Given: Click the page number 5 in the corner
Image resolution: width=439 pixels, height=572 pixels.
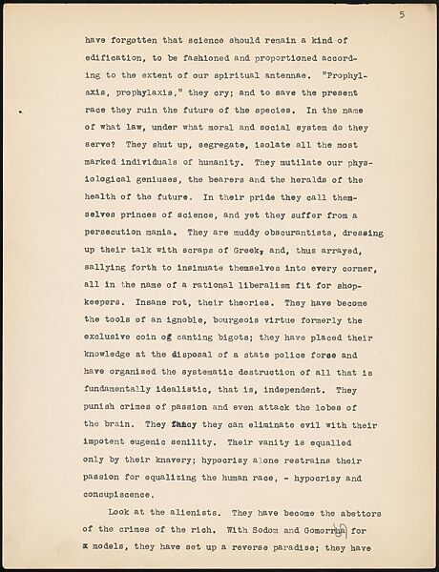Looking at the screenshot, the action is [403, 14].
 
